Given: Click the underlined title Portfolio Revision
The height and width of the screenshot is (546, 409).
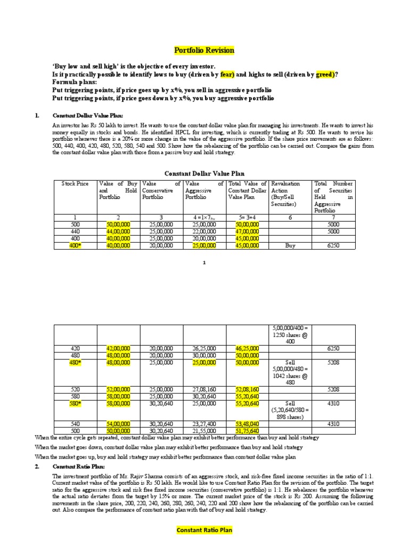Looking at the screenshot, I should (x=204, y=51).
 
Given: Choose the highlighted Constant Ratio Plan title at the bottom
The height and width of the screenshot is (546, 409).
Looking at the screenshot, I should (x=204, y=531).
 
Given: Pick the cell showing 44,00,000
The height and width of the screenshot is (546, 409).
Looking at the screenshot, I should (x=118, y=232).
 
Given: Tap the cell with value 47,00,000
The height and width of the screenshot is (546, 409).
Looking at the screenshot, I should (x=247, y=232).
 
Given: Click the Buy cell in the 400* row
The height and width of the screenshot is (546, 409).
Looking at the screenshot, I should (x=291, y=246).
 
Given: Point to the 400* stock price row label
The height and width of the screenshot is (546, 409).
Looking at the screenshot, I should (x=75, y=246).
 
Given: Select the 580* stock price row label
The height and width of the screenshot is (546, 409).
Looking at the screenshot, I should (x=75, y=404).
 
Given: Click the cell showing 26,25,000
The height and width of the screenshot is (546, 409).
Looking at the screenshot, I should (x=204, y=348).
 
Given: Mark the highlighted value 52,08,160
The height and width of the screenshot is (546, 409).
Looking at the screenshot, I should (x=247, y=390).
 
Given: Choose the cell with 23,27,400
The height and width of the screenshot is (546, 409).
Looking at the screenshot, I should (x=204, y=424).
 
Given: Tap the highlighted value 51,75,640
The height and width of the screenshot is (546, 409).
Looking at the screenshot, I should (x=247, y=431).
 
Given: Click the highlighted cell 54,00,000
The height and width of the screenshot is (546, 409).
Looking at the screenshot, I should (x=118, y=424).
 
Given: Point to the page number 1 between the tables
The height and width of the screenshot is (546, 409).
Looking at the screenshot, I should (x=204, y=263).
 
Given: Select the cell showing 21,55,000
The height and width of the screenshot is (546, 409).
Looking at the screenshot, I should (x=204, y=431).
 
